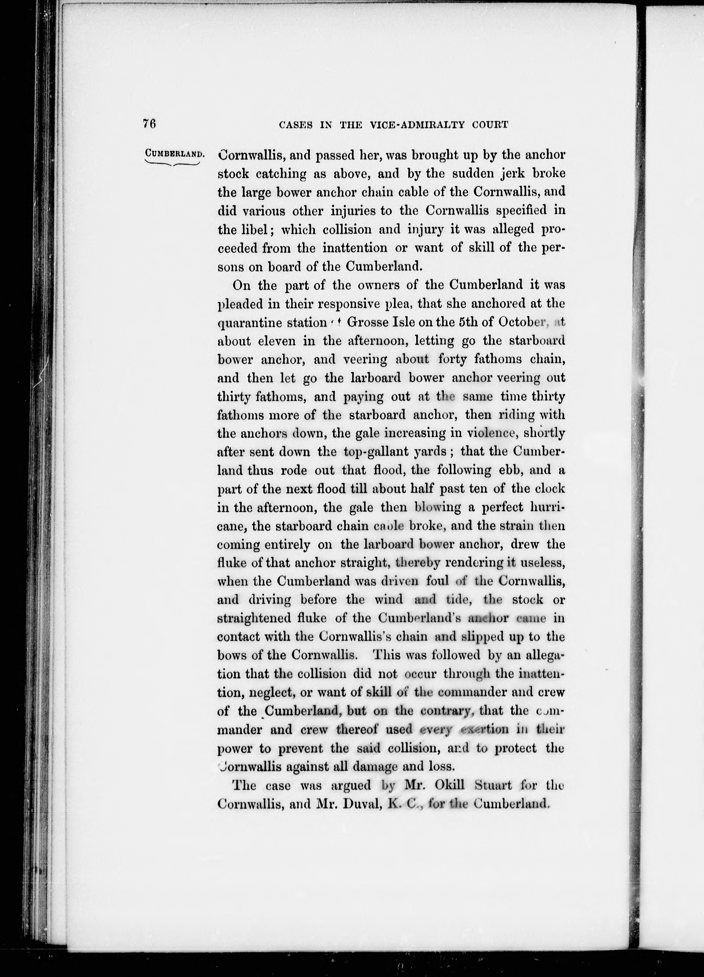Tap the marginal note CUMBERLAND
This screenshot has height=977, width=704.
pyautogui.click(x=174, y=153)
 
